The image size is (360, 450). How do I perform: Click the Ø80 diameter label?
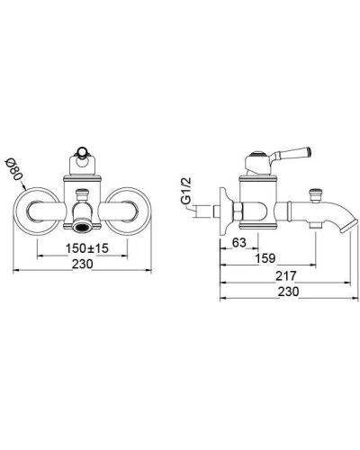coord(13,170)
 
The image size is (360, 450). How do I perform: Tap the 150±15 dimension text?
coord(87,248)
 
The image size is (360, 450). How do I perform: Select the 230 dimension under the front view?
coord(83,264)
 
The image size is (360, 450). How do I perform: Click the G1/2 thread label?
coord(186,191)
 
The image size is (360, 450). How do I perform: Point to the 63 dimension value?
coord(239,242)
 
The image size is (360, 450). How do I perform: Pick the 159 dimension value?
coord(265,258)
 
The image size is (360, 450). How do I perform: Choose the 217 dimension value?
coord(286,276)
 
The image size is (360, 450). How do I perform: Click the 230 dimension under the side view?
coord(288,292)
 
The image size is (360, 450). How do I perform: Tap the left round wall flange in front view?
coord(36,211)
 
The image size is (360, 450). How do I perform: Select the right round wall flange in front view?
coord(129,211)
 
